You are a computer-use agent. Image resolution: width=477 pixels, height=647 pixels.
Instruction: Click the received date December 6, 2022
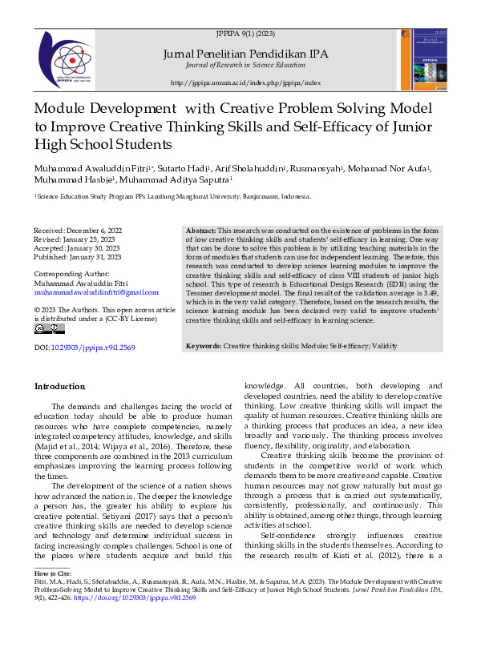[x=88, y=230]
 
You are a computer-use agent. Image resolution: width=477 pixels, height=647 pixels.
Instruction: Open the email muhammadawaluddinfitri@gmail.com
[x=96, y=292]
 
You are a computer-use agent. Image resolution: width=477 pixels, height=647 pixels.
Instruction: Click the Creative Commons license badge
[x=49, y=328]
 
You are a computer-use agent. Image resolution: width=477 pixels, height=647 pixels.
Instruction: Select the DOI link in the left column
[x=93, y=347]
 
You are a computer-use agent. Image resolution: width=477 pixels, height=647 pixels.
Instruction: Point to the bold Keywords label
[x=204, y=346]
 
